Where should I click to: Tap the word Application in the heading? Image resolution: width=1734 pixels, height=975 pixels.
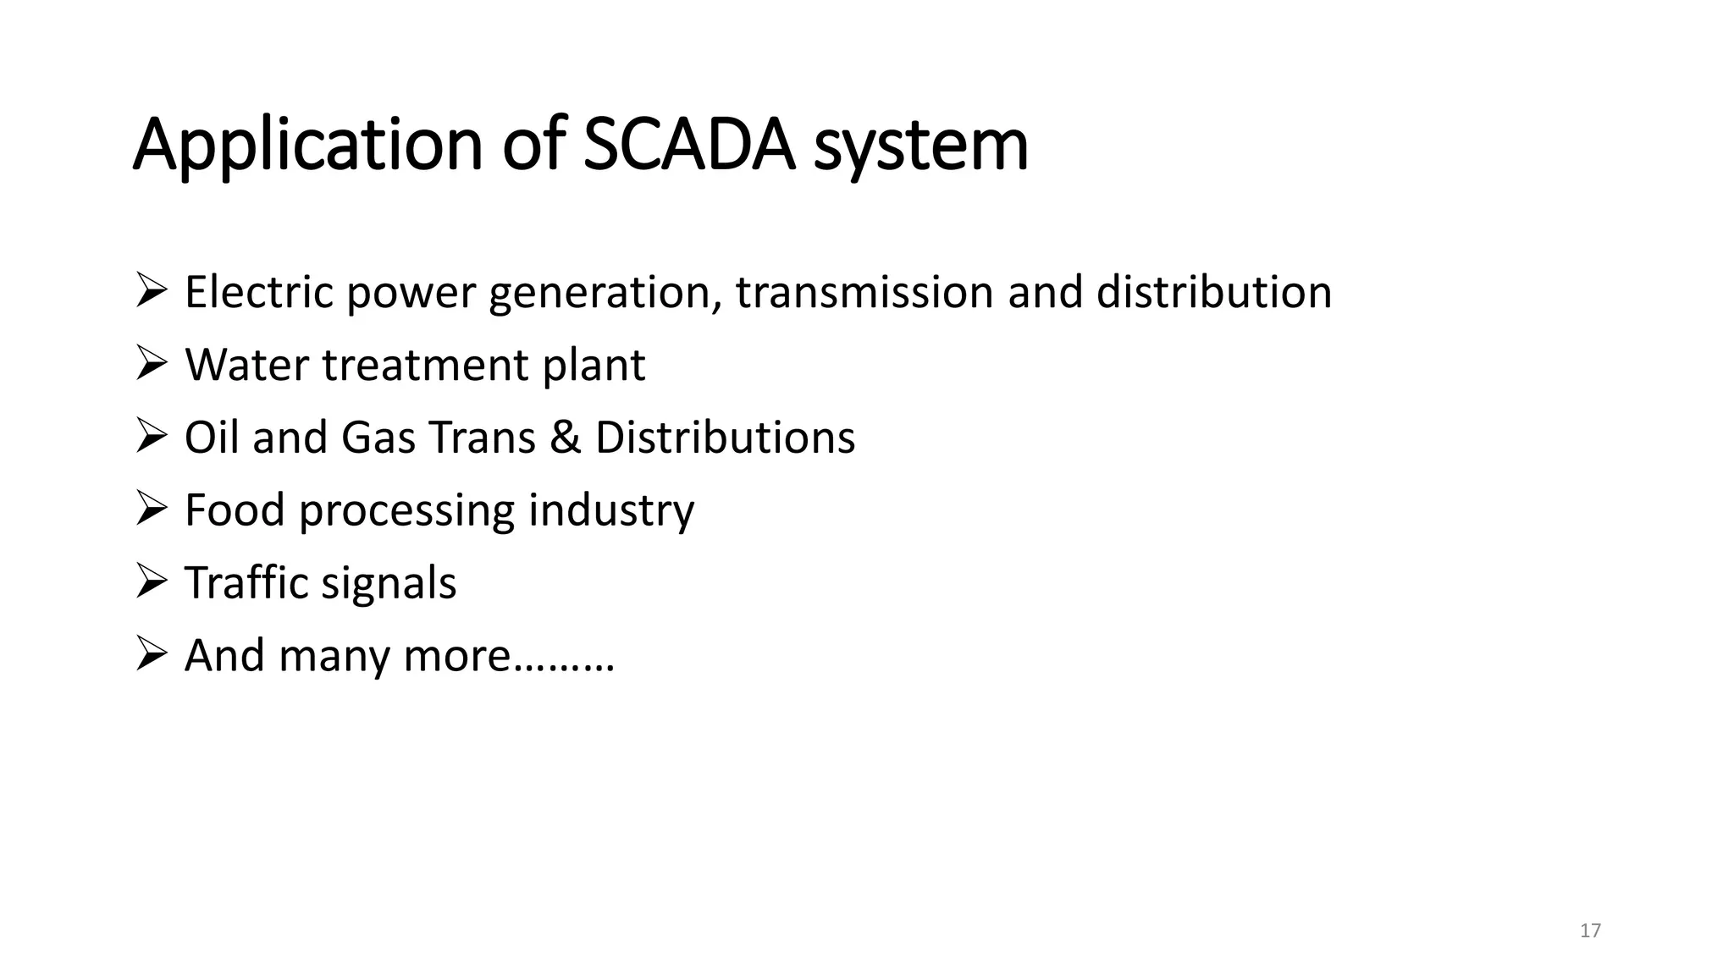click(x=307, y=145)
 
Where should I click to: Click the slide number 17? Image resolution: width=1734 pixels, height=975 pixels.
click(x=1590, y=931)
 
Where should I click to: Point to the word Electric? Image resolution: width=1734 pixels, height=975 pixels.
click(x=259, y=292)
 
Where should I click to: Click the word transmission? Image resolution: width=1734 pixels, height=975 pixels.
click(x=864, y=292)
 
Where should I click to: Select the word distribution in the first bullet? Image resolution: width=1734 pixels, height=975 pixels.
click(x=1213, y=292)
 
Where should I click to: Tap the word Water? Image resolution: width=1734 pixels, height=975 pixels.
click(x=246, y=365)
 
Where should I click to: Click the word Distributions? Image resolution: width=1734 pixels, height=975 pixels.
click(x=725, y=438)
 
